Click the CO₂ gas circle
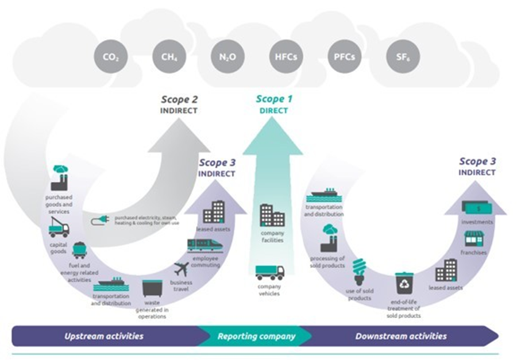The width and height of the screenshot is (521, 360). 110,57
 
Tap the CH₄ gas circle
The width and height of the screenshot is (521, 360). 168,57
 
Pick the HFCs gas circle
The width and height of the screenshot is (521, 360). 285,57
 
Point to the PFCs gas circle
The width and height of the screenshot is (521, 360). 344,57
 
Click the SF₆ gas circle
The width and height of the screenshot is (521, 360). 402,57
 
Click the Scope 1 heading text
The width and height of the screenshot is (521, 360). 274,100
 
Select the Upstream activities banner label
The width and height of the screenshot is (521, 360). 104,336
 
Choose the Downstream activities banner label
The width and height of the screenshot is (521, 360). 400,336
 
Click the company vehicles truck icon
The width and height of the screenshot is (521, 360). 269,272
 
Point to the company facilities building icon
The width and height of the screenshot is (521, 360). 272,215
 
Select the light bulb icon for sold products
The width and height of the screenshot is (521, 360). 360,271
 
